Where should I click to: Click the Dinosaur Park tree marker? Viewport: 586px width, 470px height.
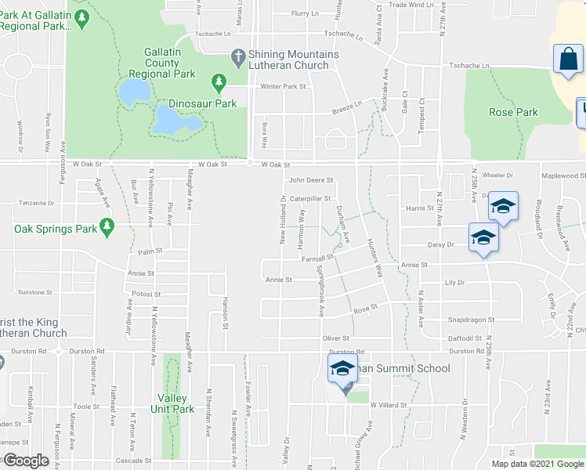click(x=218, y=81)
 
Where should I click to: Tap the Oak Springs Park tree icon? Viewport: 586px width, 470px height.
click(x=107, y=228)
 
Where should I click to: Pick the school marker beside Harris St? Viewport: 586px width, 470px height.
click(x=503, y=208)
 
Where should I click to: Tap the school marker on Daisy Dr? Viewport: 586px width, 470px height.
click(x=483, y=238)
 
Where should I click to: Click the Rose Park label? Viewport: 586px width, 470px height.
click(x=513, y=112)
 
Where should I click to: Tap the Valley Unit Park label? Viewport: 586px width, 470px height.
click(x=172, y=403)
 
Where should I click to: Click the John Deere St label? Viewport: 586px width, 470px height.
click(x=311, y=180)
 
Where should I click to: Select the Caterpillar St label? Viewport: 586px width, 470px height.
click(x=310, y=199)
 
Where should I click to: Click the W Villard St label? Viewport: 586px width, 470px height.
click(x=390, y=405)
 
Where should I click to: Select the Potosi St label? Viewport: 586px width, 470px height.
click(x=146, y=295)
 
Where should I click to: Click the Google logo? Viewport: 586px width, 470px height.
click(x=26, y=461)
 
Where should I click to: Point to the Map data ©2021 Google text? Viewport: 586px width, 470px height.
click(x=537, y=464)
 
